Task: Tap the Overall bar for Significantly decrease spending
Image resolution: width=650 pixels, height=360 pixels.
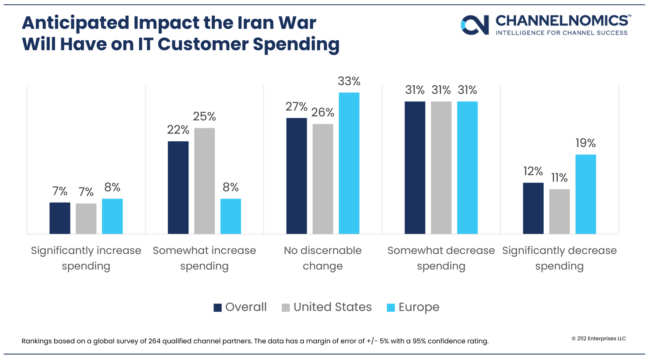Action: click(x=533, y=208)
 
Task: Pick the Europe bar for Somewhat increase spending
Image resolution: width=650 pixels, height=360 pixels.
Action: click(x=231, y=216)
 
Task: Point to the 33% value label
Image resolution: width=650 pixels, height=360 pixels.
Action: click(x=349, y=81)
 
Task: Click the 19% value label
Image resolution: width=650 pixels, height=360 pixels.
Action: click(x=585, y=143)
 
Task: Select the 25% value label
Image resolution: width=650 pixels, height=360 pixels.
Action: click(x=204, y=116)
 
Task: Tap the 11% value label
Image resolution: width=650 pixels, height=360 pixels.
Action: click(x=559, y=178)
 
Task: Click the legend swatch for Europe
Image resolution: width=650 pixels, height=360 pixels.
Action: click(x=391, y=308)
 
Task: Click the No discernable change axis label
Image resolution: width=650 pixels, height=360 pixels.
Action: click(x=323, y=258)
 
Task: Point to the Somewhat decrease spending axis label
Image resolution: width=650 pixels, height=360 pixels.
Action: click(x=441, y=258)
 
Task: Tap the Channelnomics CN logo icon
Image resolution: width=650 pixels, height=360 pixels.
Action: click(x=475, y=24)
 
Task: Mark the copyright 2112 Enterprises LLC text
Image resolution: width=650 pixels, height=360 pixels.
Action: click(x=598, y=339)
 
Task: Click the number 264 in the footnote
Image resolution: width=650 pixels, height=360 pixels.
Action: click(x=154, y=341)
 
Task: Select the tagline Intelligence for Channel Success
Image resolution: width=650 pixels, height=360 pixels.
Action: click(x=562, y=33)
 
